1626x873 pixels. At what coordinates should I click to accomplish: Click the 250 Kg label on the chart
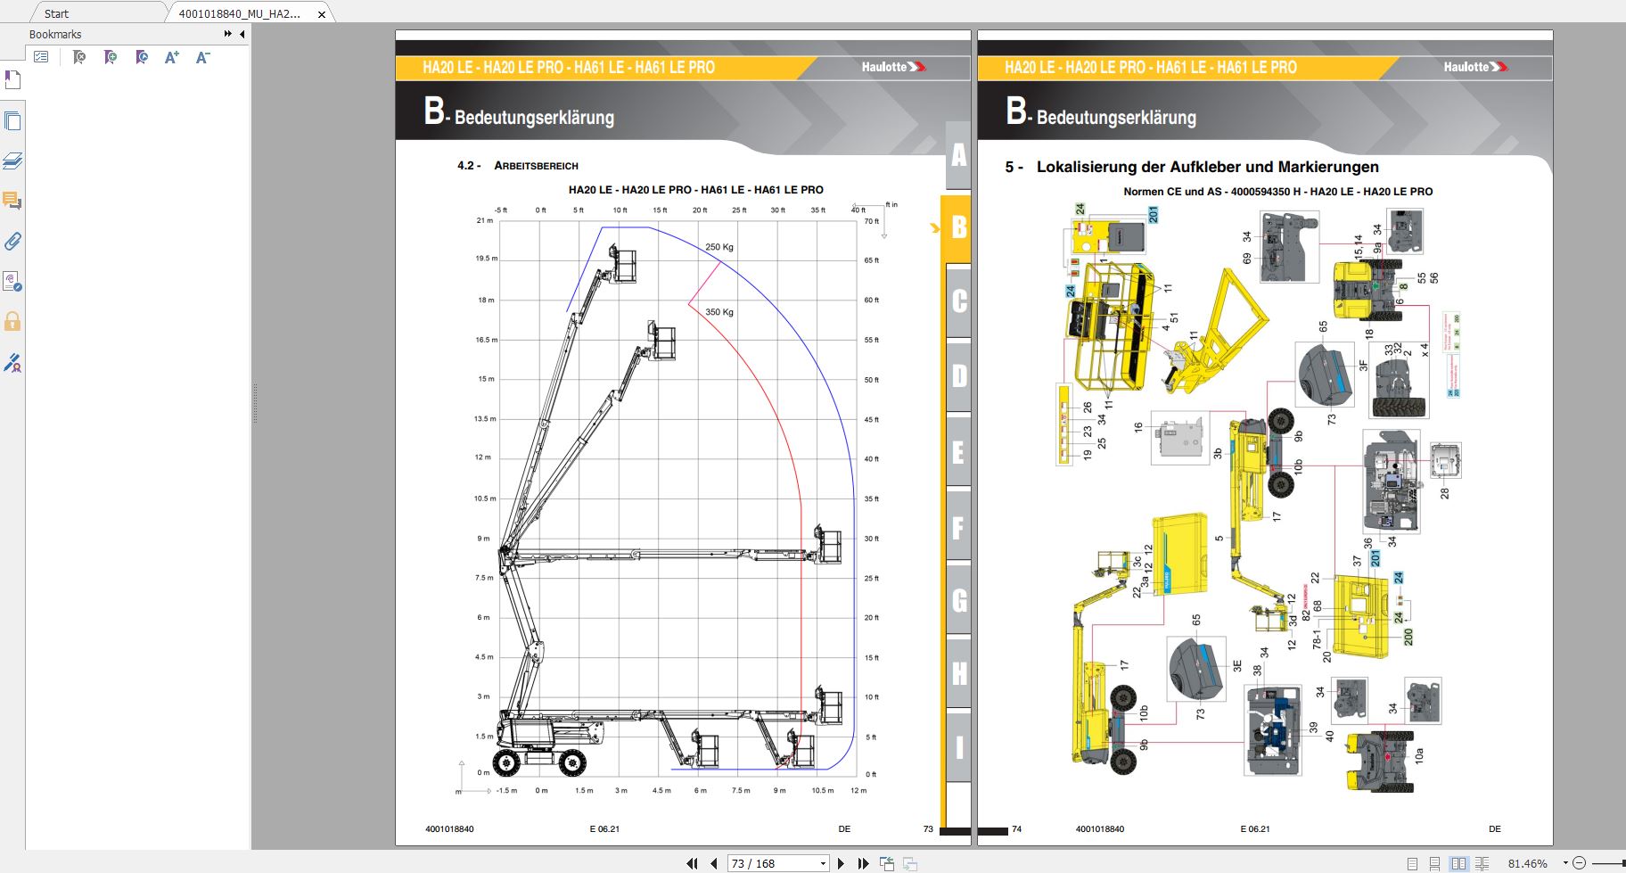719,247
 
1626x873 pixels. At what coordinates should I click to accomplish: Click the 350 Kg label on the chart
719,312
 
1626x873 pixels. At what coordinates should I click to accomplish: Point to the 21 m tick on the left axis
484,220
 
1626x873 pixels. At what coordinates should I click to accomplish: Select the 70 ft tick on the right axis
871,221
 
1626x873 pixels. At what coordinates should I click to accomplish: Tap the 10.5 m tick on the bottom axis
822,790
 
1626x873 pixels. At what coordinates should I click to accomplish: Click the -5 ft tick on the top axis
501,210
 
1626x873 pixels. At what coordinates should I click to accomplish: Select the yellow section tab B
958,227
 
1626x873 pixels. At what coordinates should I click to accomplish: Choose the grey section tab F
958,528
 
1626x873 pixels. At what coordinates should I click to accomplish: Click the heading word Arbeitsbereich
536,166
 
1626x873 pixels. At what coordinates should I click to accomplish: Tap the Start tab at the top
56,13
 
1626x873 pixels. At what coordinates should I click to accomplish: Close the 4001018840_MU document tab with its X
322,14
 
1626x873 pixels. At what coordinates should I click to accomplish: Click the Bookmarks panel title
55,34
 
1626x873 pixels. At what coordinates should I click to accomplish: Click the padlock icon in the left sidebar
12,321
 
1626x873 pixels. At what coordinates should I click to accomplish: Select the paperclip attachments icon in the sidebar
12,241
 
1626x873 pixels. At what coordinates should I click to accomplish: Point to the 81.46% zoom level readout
1527,863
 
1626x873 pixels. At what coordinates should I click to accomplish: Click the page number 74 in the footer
1016,828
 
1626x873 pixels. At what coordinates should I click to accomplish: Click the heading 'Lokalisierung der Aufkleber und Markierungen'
1207,167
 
